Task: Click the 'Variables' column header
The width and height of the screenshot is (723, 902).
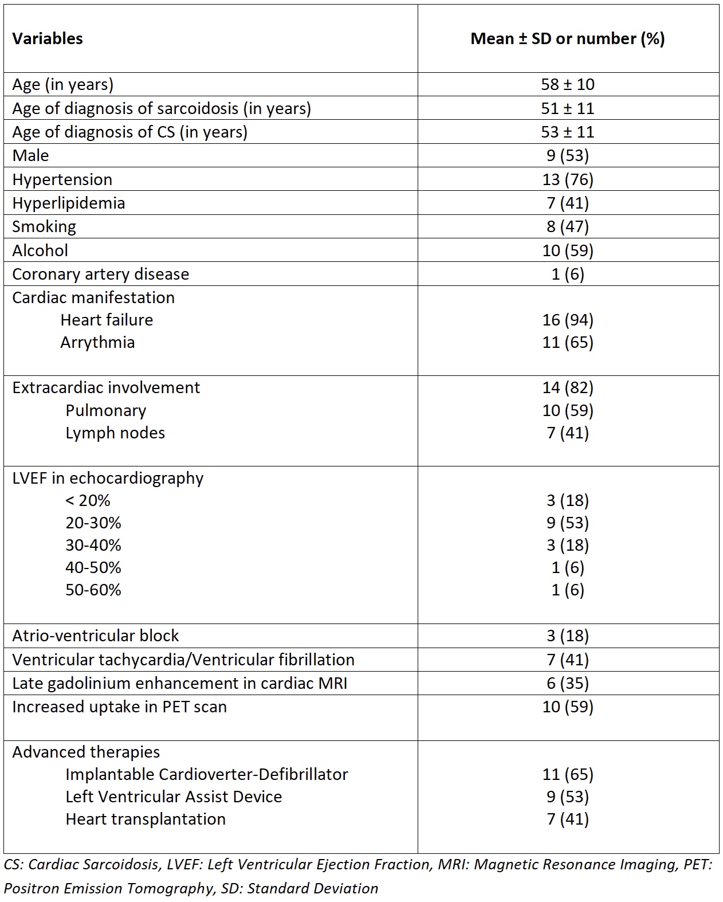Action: point(48,38)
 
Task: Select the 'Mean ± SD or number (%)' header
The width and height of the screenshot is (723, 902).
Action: point(567,38)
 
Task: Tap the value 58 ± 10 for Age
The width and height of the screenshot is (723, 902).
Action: point(567,84)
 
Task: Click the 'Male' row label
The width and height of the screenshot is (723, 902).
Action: point(30,155)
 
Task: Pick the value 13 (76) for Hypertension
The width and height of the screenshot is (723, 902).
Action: point(567,179)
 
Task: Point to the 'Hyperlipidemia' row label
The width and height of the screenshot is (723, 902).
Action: point(68,203)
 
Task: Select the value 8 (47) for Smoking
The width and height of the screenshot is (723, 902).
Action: point(567,226)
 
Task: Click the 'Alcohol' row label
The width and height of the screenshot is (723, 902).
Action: point(40,250)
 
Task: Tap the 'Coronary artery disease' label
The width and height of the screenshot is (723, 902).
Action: point(100,274)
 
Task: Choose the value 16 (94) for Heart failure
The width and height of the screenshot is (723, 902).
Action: point(567,320)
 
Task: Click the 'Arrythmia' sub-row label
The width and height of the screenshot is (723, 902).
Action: point(97,342)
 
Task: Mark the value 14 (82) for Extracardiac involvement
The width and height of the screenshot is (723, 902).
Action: point(567,387)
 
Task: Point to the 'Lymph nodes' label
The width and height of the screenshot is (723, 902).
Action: point(115,433)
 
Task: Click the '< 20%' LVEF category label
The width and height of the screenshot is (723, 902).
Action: point(88,500)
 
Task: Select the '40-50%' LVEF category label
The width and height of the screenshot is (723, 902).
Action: point(93,567)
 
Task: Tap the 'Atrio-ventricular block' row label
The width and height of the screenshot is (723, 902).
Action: point(95,636)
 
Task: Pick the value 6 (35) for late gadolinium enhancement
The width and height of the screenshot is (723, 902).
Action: point(567,683)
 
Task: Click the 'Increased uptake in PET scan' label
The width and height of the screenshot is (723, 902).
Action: point(119,707)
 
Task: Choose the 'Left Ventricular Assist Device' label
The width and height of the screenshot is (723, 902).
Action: point(174,797)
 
